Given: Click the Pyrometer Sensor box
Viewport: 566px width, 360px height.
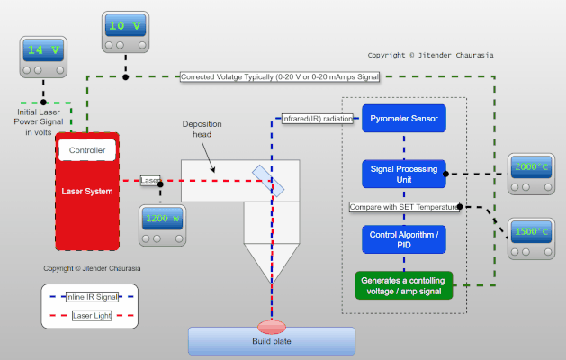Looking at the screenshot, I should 404,118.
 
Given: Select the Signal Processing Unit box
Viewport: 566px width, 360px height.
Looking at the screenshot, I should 404,173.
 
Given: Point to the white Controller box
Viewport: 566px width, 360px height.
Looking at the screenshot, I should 87,150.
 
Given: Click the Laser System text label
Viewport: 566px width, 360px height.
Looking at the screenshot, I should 87,191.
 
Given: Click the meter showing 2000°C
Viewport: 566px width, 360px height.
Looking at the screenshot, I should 531,174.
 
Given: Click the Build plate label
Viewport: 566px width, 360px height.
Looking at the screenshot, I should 271,341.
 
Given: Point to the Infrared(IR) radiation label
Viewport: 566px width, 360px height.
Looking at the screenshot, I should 318,118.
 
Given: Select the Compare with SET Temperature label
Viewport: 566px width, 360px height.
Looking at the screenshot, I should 404,207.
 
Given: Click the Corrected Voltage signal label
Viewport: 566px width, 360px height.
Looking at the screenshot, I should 279,77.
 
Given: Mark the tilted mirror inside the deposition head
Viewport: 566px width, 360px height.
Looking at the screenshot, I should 270,181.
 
